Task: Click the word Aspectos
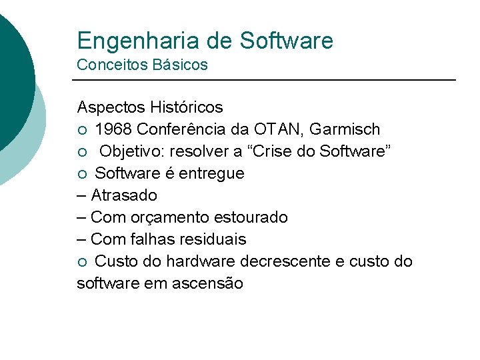111,107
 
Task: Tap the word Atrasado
124,195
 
